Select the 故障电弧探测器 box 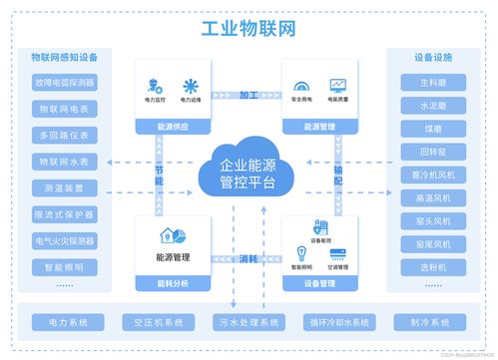[x=64, y=82]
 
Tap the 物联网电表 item [x=64, y=109]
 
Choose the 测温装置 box [x=64, y=187]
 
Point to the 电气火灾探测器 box [x=64, y=240]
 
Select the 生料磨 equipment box [x=432, y=82]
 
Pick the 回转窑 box [x=432, y=152]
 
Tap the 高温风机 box [x=432, y=198]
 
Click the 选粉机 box [x=432, y=267]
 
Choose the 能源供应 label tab [x=173, y=127]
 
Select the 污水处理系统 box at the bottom [x=249, y=322]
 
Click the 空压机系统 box [x=158, y=322]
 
